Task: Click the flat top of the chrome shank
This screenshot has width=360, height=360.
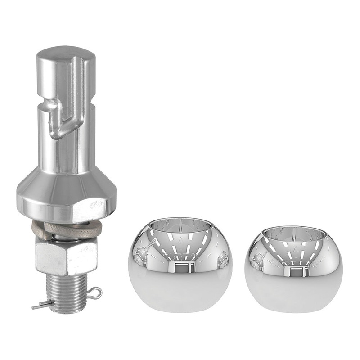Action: pyautogui.click(x=65, y=53)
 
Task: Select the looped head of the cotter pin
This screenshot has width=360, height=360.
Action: pyautogui.click(x=95, y=293)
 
